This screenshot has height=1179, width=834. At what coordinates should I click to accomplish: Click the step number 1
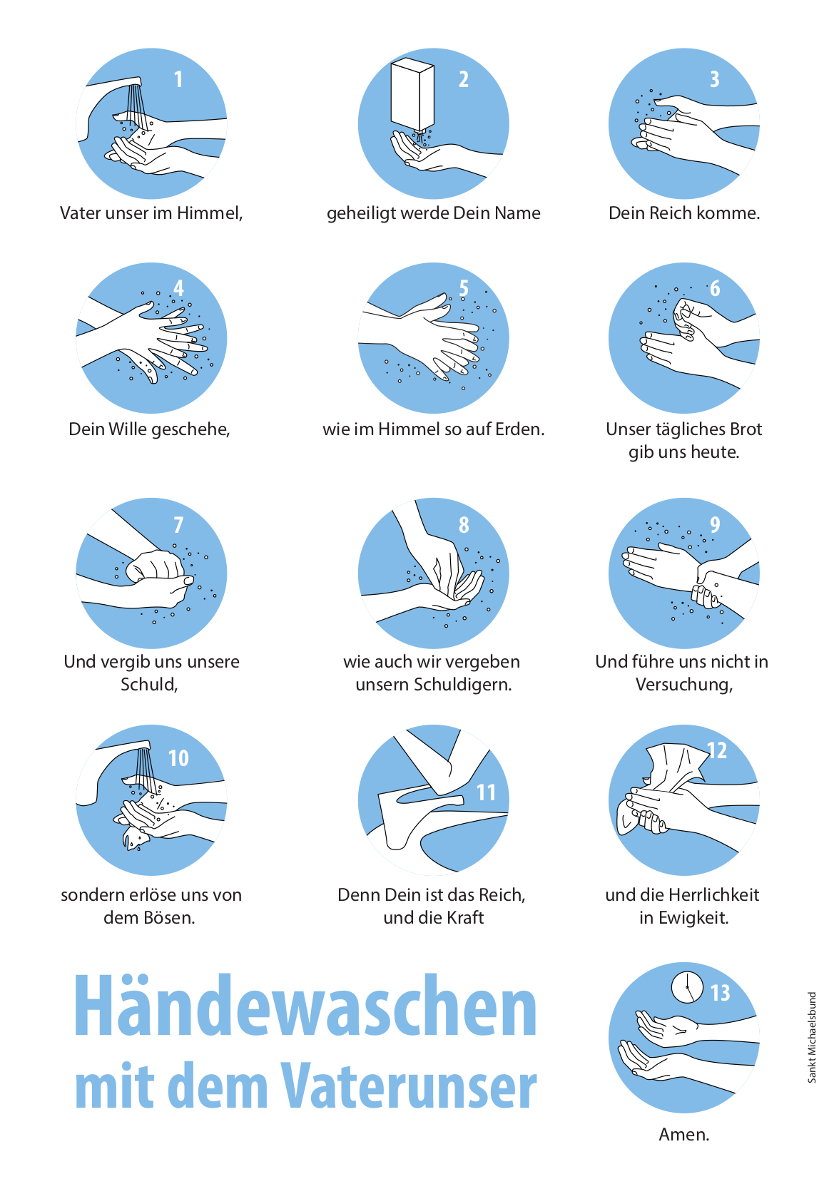pyautogui.click(x=178, y=79)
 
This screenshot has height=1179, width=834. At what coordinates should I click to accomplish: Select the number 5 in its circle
pyautogui.click(x=463, y=288)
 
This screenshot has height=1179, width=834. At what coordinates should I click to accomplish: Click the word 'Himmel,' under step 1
pyautogui.click(x=210, y=213)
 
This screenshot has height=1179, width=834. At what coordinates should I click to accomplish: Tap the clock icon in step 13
pyautogui.click(x=687, y=987)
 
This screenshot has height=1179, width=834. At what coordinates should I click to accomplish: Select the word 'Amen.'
pyautogui.click(x=684, y=1134)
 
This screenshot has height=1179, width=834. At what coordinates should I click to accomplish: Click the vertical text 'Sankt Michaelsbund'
pyautogui.click(x=812, y=1037)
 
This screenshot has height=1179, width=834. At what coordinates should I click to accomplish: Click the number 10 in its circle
pyautogui.click(x=178, y=758)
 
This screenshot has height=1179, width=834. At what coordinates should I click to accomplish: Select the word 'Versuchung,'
pyautogui.click(x=684, y=685)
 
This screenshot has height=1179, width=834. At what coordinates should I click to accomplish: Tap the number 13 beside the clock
pyautogui.click(x=721, y=994)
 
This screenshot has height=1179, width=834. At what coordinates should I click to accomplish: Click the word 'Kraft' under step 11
pyautogui.click(x=465, y=918)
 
